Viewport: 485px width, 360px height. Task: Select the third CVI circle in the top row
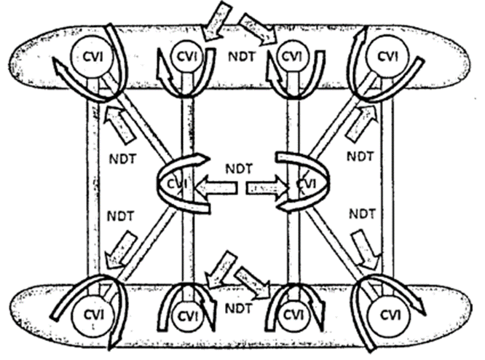[x=292, y=55]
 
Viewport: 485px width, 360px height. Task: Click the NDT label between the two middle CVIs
[x=240, y=168]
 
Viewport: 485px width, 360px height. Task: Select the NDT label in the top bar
[x=240, y=55]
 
